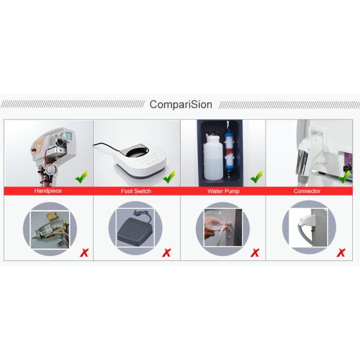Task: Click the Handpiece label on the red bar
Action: click(x=49, y=191)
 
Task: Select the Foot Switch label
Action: click(x=136, y=191)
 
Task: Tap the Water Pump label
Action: click(x=221, y=191)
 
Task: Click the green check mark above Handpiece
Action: click(x=82, y=177)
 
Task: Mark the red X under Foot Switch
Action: click(x=166, y=252)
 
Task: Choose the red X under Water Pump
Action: click(x=254, y=252)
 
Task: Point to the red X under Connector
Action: click(x=340, y=252)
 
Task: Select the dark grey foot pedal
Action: click(x=132, y=230)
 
